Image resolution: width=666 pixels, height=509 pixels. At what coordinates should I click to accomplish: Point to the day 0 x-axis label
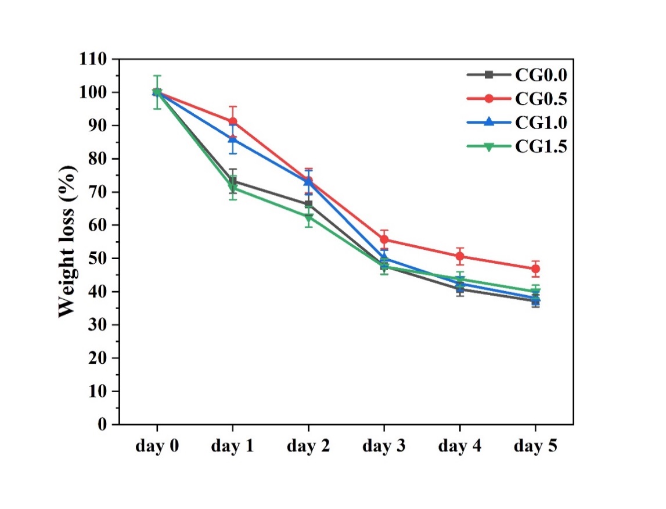click(x=157, y=446)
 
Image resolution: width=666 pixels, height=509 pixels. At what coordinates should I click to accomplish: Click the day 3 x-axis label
click(x=384, y=446)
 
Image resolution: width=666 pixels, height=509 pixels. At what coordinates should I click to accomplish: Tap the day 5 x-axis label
click(x=535, y=446)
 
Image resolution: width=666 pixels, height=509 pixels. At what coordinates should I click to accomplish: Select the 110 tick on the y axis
click(x=93, y=59)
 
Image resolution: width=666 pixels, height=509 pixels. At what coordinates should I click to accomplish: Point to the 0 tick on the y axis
click(x=102, y=425)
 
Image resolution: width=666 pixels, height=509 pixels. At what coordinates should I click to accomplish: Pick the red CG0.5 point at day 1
click(x=233, y=121)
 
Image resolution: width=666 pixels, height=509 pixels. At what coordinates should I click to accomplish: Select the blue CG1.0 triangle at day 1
click(x=233, y=139)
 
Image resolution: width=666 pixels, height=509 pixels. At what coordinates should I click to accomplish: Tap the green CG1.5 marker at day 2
click(x=308, y=217)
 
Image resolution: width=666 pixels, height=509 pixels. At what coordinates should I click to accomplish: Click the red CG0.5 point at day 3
click(x=384, y=239)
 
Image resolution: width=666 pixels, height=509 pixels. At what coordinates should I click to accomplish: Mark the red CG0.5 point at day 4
click(x=460, y=256)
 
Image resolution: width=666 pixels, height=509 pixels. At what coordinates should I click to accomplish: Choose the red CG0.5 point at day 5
click(x=535, y=269)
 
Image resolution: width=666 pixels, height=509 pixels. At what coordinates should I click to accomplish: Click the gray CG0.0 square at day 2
click(x=308, y=204)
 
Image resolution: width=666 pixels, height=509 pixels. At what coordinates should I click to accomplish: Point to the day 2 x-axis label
click(x=308, y=446)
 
